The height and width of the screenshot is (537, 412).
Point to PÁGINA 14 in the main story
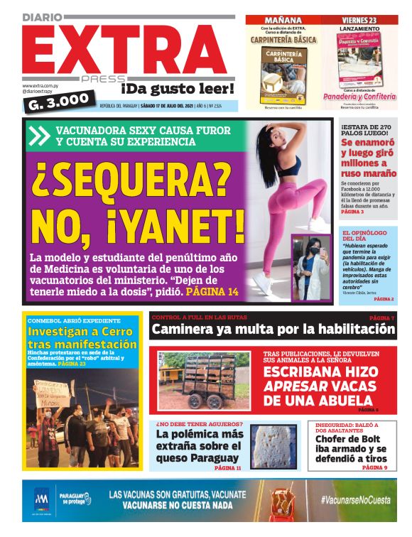coord(212,292)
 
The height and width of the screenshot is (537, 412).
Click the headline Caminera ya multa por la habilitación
coord(273,330)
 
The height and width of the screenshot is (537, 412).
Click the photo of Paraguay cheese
coord(275,446)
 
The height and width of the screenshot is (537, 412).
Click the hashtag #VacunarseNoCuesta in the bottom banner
coord(355,500)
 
